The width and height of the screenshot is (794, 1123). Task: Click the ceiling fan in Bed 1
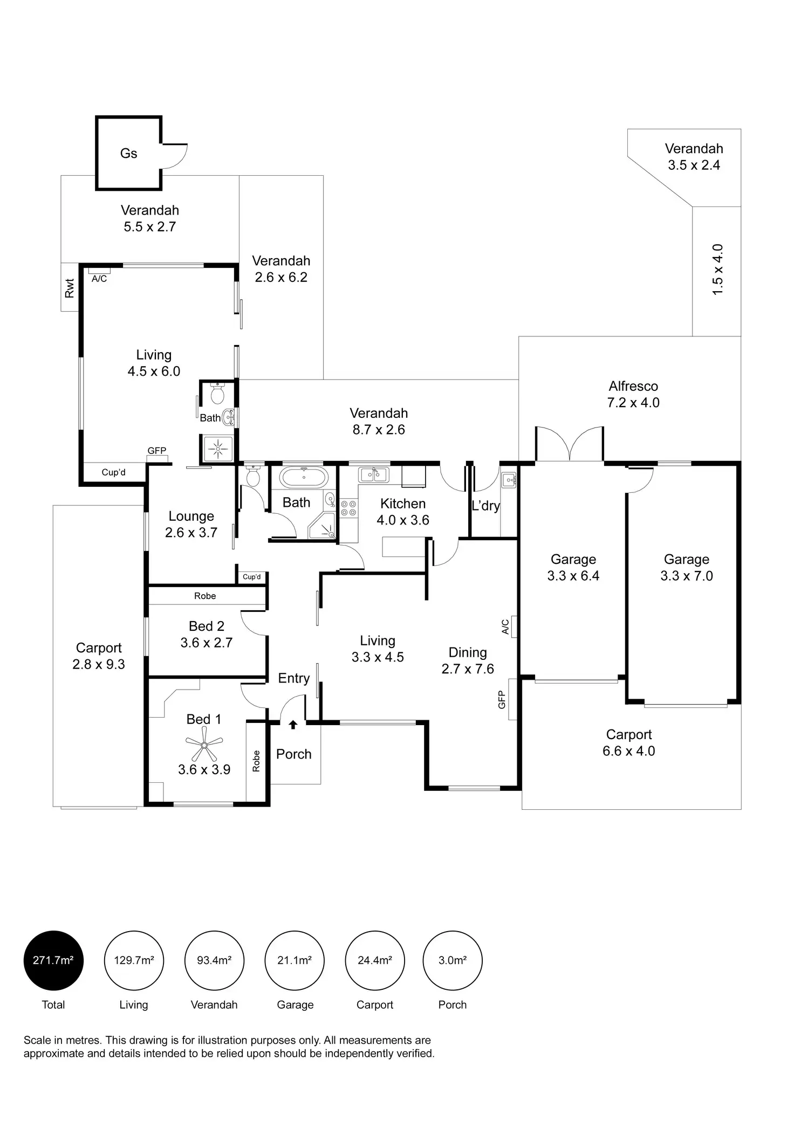click(204, 745)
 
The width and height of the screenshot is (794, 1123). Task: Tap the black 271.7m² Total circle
click(53, 960)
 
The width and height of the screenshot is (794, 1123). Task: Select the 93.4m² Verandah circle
click(214, 960)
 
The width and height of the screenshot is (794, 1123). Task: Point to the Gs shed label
click(128, 154)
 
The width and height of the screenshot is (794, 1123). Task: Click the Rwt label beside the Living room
click(70, 288)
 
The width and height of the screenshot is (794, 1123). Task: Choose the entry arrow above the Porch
click(293, 725)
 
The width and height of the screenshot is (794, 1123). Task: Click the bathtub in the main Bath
click(304, 477)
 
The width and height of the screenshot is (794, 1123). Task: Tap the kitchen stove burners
click(348, 507)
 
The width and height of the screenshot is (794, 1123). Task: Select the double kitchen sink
click(373, 474)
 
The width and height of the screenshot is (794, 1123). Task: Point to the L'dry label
click(485, 506)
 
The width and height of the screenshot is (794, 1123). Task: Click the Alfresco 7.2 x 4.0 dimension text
click(633, 403)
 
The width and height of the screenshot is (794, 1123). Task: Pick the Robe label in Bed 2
click(205, 596)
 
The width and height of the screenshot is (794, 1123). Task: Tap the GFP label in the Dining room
click(502, 699)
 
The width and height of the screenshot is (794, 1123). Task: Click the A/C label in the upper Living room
click(99, 279)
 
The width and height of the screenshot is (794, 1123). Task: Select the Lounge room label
click(191, 516)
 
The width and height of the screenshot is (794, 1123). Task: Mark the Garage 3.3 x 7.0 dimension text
click(686, 576)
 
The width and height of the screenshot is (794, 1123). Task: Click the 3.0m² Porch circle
click(452, 960)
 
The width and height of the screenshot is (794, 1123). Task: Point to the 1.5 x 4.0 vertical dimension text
click(717, 270)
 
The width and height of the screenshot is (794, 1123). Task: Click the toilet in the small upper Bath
click(217, 395)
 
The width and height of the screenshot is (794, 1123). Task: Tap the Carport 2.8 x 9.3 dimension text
click(99, 664)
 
